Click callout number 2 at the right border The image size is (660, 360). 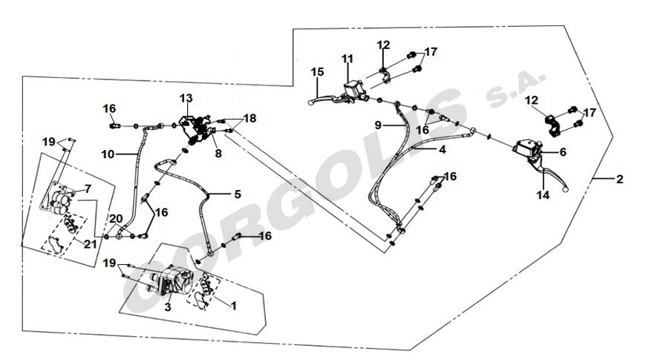(620, 179)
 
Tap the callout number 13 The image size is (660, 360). (186, 98)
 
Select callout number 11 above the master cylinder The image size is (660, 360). (348, 59)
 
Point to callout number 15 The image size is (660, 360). (317, 72)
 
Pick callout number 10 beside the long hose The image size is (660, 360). (108, 154)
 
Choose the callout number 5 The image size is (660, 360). (237, 194)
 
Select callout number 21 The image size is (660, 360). (90, 244)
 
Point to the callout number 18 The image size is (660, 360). (249, 118)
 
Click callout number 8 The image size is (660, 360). (218, 154)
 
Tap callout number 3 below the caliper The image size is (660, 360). (169, 305)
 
